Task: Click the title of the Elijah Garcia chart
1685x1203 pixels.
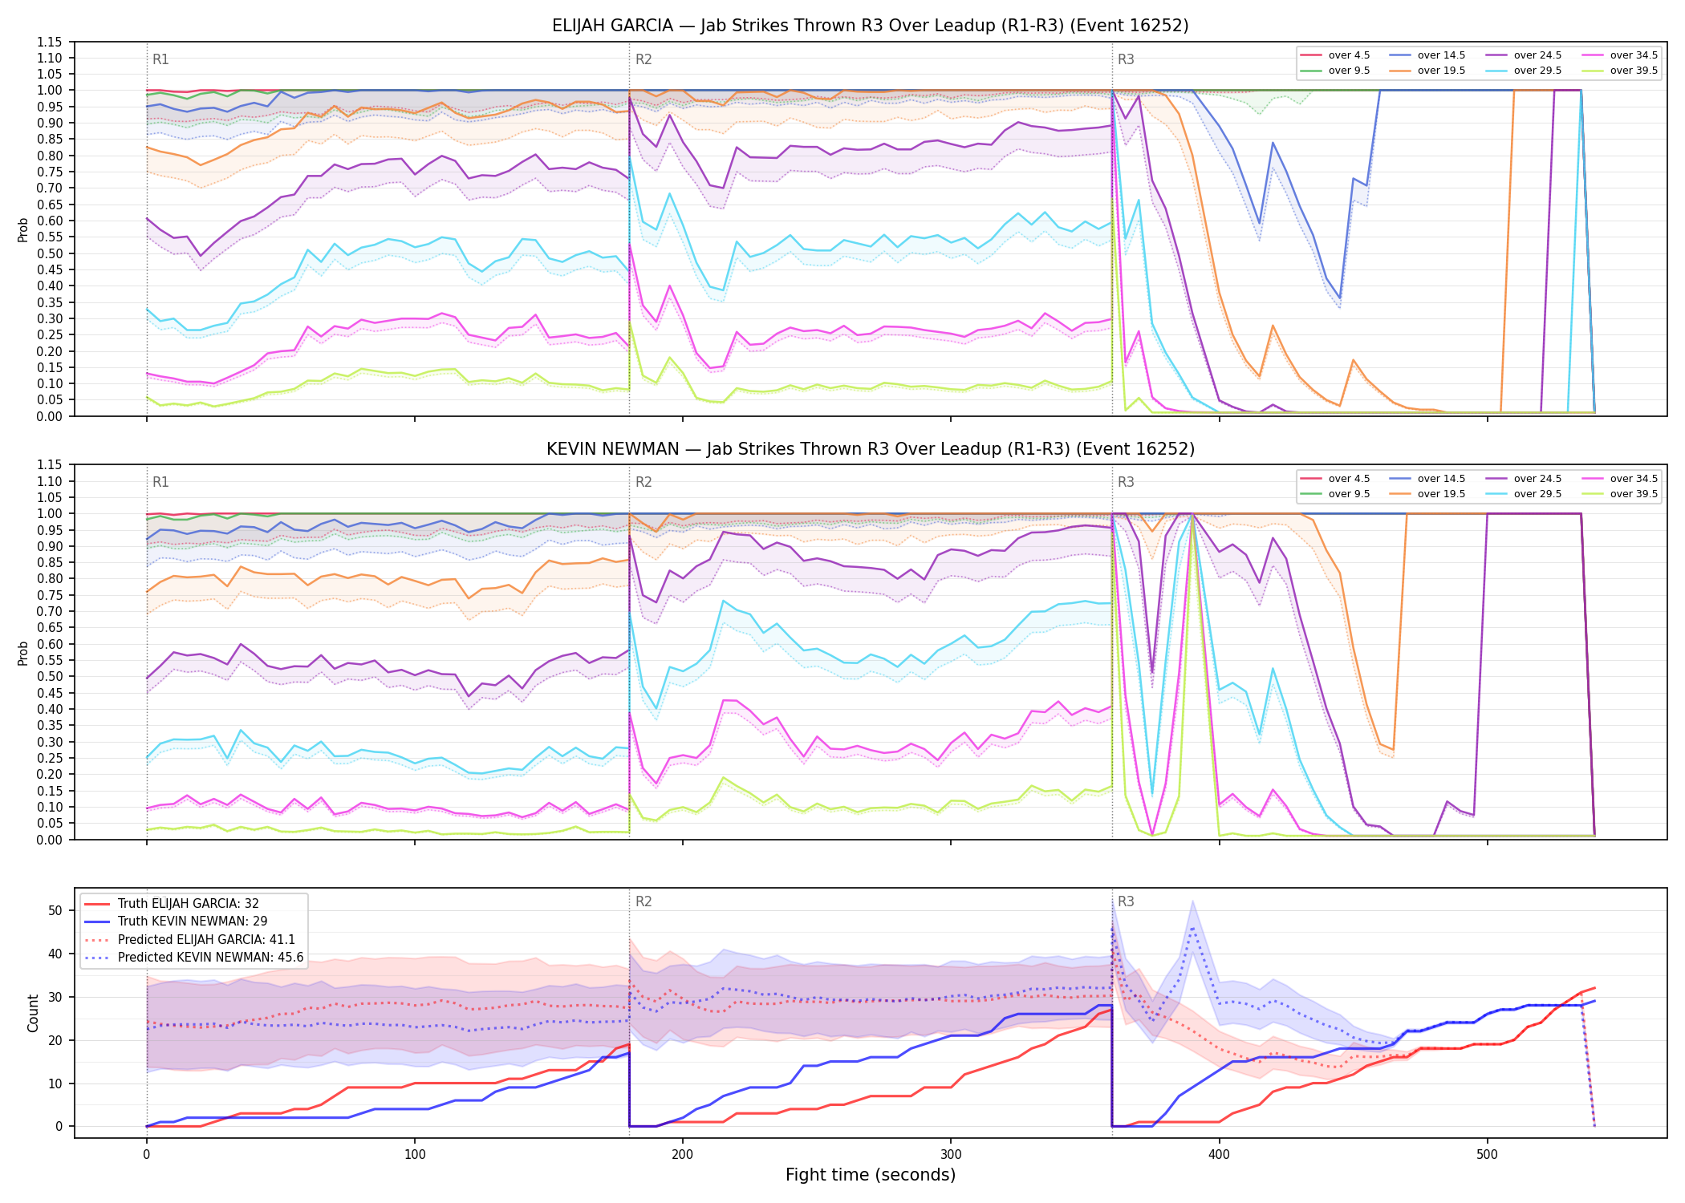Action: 870,26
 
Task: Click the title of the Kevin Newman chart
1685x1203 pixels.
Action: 870,449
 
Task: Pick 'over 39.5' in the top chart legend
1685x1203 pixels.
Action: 1634,71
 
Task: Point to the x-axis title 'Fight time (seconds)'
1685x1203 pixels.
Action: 871,1175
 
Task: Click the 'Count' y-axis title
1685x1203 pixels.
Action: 33,1013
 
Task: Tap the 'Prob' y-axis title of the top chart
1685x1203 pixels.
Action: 23,229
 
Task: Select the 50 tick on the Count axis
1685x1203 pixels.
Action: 55,910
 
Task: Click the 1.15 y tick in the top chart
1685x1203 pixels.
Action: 50,42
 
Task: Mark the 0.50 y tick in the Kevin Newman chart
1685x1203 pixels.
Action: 50,677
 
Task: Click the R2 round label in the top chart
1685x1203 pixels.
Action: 644,59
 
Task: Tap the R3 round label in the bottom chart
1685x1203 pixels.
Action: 1126,901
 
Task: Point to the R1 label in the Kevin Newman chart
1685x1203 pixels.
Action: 160,482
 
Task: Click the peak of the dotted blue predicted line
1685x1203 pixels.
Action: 1193,928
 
